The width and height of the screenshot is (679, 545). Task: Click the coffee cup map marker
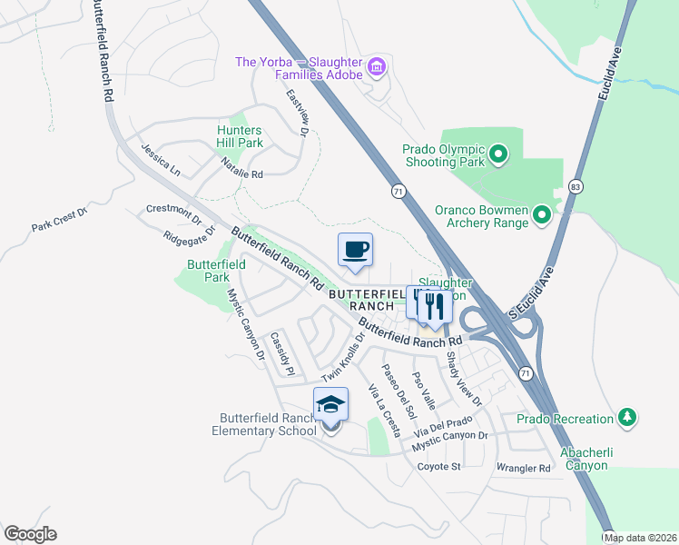[356, 249]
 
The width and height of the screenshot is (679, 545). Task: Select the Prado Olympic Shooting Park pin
[498, 156]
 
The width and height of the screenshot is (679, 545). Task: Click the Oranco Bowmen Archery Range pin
[542, 215]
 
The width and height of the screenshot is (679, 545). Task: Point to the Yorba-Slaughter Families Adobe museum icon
[377, 66]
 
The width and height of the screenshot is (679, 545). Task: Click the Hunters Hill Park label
[240, 136]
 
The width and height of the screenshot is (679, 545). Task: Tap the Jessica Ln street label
[160, 158]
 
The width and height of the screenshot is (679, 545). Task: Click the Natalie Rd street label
[241, 168]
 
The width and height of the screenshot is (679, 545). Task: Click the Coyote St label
[439, 467]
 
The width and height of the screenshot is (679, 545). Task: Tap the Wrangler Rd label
[524, 469]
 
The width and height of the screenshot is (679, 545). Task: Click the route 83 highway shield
[576, 186]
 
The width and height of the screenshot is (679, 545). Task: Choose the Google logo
[30, 534]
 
